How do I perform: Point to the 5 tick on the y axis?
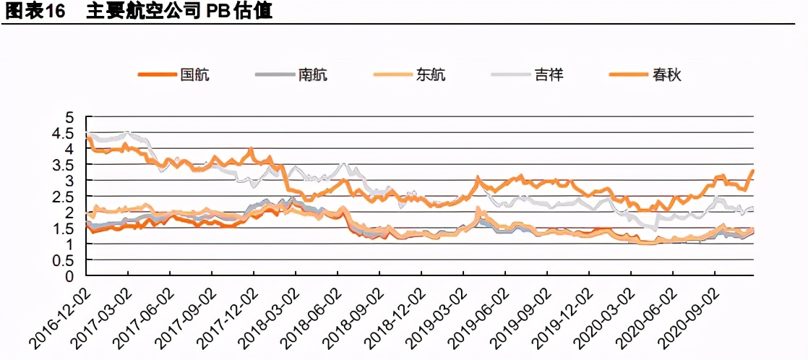pos(69,116)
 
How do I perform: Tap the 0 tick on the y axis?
pos(69,276)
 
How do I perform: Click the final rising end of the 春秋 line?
pos(752,171)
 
